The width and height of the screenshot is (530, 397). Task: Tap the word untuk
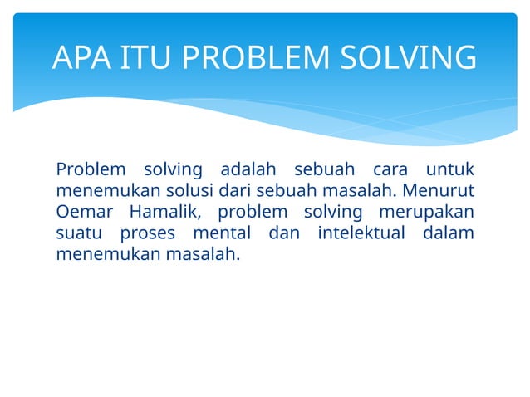tap(449, 170)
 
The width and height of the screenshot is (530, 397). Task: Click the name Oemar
tap(81, 212)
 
